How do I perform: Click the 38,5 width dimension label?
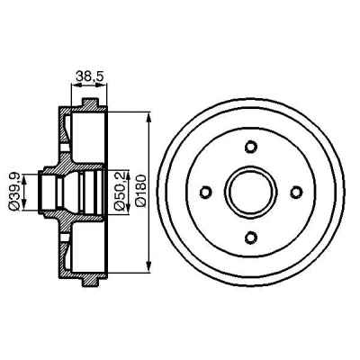tap(89, 76)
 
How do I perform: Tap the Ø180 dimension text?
tap(140, 191)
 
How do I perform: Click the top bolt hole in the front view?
tap(251, 147)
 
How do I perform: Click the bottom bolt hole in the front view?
tap(251, 238)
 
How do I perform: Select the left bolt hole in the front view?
tap(206, 192)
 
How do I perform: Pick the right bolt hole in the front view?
tap(296, 192)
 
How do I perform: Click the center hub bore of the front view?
tap(251, 192)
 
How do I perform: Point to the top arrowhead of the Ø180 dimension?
tap(148, 118)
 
